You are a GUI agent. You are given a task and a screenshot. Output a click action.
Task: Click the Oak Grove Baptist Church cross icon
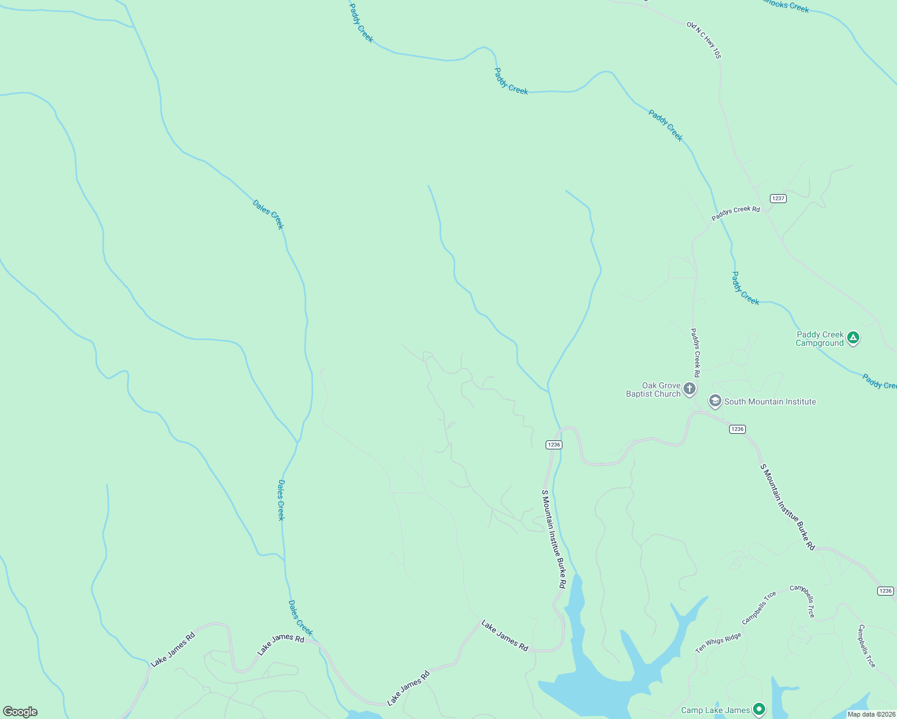[690, 389]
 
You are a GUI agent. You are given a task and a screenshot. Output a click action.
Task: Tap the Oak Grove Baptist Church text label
[654, 390]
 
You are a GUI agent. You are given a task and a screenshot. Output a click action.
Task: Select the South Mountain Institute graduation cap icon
[715, 401]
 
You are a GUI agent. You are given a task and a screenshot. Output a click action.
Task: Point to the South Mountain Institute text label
[770, 402]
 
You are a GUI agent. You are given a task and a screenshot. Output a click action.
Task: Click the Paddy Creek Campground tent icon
[853, 338]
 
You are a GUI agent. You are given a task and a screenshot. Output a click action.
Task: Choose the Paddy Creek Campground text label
[820, 339]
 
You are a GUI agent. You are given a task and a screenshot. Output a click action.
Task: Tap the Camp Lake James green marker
[759, 709]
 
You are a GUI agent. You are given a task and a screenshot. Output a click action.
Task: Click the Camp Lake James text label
[715, 711]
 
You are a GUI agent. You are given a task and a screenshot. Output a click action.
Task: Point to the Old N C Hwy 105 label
[704, 40]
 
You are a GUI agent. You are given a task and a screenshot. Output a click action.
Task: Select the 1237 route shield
[778, 198]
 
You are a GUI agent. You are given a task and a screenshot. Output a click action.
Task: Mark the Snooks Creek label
[786, 5]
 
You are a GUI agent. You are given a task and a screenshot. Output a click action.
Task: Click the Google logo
[20, 712]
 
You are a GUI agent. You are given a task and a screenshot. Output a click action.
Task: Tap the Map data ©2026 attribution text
[871, 714]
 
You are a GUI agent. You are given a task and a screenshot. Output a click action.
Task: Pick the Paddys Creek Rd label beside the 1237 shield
[736, 213]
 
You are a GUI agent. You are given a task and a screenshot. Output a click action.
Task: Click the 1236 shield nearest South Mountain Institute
[738, 429]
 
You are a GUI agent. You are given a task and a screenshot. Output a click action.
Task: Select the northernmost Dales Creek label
[268, 214]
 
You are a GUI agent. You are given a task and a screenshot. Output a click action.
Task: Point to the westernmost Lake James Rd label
[173, 649]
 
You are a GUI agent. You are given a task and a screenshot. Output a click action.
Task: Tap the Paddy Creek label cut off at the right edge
[879, 382]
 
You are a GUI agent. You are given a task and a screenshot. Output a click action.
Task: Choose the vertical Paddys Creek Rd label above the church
[695, 349]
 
